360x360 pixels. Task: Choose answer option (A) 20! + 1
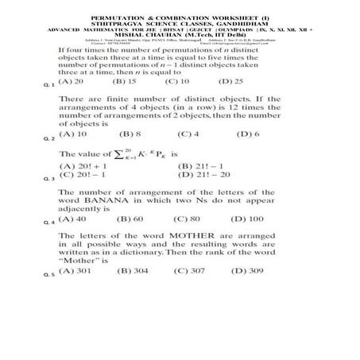pos(79,166)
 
